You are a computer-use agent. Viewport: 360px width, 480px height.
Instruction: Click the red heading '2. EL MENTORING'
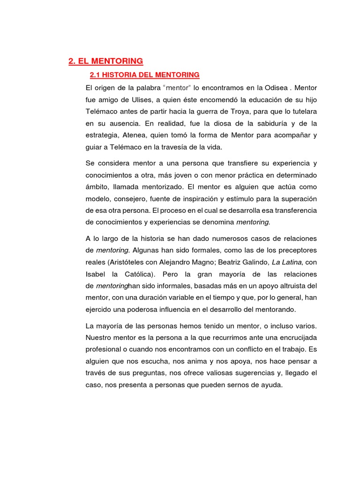105,61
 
